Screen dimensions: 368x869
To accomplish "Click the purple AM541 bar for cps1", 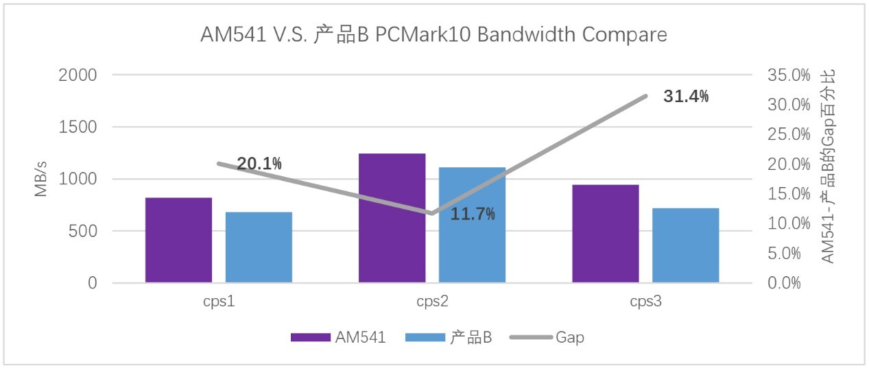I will tap(178, 240).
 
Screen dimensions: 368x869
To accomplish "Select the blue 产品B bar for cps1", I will tap(259, 247).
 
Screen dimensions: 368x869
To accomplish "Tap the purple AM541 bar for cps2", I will tap(392, 218).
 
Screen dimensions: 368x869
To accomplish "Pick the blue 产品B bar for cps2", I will tap(472, 225).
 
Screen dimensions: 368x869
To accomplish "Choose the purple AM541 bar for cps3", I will tap(605, 234).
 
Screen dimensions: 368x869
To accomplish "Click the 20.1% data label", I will tap(259, 164).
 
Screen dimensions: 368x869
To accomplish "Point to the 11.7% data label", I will tap(473, 214).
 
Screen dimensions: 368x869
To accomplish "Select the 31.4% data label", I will tap(686, 97).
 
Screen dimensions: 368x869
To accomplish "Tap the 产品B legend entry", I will tap(471, 337).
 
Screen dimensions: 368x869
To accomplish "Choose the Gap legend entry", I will tap(570, 337).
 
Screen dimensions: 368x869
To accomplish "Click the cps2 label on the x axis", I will tap(432, 302).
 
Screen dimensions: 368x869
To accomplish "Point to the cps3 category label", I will tap(645, 302).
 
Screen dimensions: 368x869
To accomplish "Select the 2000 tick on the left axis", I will tap(78, 75).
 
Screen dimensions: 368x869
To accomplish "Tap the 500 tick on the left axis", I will tap(82, 231).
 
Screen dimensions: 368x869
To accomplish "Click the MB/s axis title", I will tap(42, 179).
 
